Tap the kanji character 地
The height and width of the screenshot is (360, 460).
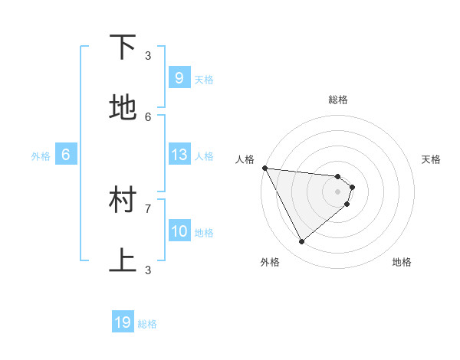123,109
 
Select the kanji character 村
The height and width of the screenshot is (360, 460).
123,201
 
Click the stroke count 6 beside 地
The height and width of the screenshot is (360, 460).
148,116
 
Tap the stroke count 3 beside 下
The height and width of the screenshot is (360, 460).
148,55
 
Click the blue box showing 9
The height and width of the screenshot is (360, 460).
179,78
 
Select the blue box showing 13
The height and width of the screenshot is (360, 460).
179,155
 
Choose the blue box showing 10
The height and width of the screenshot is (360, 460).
179,231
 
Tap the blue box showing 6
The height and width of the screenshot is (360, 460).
66,155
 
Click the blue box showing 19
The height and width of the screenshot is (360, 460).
123,322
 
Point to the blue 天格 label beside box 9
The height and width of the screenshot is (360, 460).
204,80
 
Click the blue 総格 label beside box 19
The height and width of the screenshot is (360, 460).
147,324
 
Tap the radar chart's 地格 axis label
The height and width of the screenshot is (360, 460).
402,262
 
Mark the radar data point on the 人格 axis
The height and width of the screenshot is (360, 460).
264,168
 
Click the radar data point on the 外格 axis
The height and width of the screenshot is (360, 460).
302,242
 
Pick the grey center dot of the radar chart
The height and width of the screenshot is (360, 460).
337,191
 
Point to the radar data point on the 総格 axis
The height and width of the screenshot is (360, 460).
337,177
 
